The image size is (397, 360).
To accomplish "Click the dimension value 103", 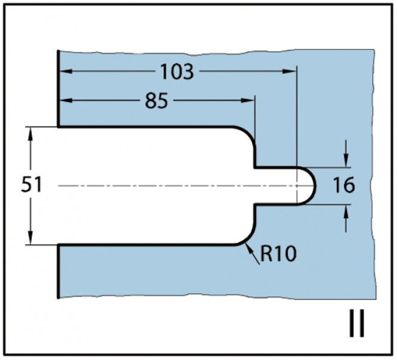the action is [177, 71].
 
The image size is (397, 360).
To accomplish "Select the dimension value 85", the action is [156, 101].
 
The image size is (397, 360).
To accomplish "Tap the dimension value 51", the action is [31, 184].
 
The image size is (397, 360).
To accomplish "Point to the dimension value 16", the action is [344, 185].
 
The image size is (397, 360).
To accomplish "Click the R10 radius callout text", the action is [278, 254].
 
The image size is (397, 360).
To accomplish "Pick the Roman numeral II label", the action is [357, 323].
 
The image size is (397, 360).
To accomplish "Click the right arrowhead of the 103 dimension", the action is [289, 71].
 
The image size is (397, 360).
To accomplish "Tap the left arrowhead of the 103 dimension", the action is [66, 71].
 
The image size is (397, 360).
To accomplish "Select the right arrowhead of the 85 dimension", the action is [248, 100].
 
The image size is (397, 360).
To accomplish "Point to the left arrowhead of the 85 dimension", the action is [66, 100].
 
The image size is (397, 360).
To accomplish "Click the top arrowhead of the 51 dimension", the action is [31, 134].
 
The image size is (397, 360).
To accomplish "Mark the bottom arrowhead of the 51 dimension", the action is [31, 238].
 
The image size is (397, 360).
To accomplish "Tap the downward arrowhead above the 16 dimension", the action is [347, 161].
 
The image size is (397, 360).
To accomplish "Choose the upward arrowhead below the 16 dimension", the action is [347, 211].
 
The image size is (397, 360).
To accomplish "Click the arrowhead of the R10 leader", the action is [249, 248].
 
